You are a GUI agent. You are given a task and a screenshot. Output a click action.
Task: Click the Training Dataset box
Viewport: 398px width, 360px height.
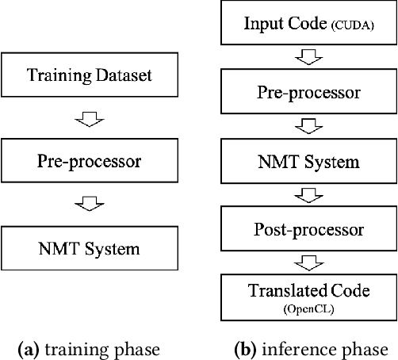[x=89, y=77]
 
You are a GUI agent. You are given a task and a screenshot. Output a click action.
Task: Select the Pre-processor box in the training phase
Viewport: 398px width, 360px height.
[x=89, y=162]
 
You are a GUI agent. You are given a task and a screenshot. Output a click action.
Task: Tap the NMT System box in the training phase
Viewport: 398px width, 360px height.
[x=89, y=247]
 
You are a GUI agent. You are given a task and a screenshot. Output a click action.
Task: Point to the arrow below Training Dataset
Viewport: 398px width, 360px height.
[x=90, y=119]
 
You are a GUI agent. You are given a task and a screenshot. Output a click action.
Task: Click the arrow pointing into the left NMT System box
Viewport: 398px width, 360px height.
[x=90, y=205]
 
